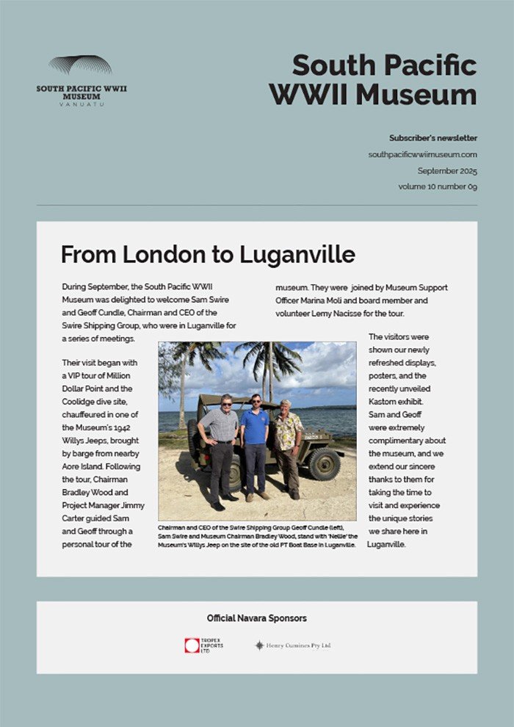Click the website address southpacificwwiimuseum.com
pyautogui.click(x=422, y=154)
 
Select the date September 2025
pyautogui.click(x=447, y=170)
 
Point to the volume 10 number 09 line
pyautogui.click(x=438, y=187)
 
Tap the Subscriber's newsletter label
pyautogui.click(x=432, y=138)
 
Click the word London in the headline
pyautogui.click(x=165, y=255)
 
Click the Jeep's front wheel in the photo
pyautogui.click(x=323, y=464)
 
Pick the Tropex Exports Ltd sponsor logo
pyautogui.click(x=203, y=645)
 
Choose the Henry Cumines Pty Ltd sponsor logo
pyautogui.click(x=293, y=645)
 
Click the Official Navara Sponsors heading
pyautogui.click(x=256, y=618)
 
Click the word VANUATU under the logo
pyautogui.click(x=82, y=104)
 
